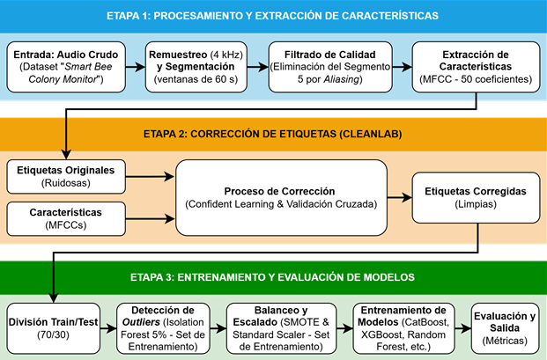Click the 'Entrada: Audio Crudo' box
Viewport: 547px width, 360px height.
[x=66, y=67]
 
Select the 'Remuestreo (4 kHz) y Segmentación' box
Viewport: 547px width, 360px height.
[x=196, y=67]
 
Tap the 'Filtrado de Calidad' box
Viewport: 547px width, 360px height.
[x=330, y=67]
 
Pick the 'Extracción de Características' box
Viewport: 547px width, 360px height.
[x=476, y=67]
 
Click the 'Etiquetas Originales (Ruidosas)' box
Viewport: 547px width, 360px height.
[x=66, y=177]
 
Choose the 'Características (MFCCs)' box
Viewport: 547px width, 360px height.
[x=66, y=219]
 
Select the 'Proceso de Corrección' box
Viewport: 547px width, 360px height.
[x=281, y=197]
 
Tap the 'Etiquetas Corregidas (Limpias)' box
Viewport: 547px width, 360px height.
[x=476, y=197]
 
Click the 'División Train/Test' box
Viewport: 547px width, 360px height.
[x=54, y=328]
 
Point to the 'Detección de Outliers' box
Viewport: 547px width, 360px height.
[x=163, y=328]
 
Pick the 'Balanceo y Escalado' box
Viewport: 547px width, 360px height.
[x=281, y=328]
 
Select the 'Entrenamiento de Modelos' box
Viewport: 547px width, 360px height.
[x=403, y=328]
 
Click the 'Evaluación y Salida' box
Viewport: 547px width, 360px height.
[x=505, y=328]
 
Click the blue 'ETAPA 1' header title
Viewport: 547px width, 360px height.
[x=272, y=16]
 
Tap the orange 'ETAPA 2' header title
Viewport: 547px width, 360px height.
[x=272, y=134]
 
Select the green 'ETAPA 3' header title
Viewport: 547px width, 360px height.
[x=272, y=277]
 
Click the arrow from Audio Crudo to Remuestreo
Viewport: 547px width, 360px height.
[x=136, y=67]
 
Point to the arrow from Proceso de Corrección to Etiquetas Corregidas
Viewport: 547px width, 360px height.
[x=399, y=197]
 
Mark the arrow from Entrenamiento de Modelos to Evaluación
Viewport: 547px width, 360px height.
[x=463, y=328]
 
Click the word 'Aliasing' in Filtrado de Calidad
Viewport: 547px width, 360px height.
[x=341, y=79]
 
